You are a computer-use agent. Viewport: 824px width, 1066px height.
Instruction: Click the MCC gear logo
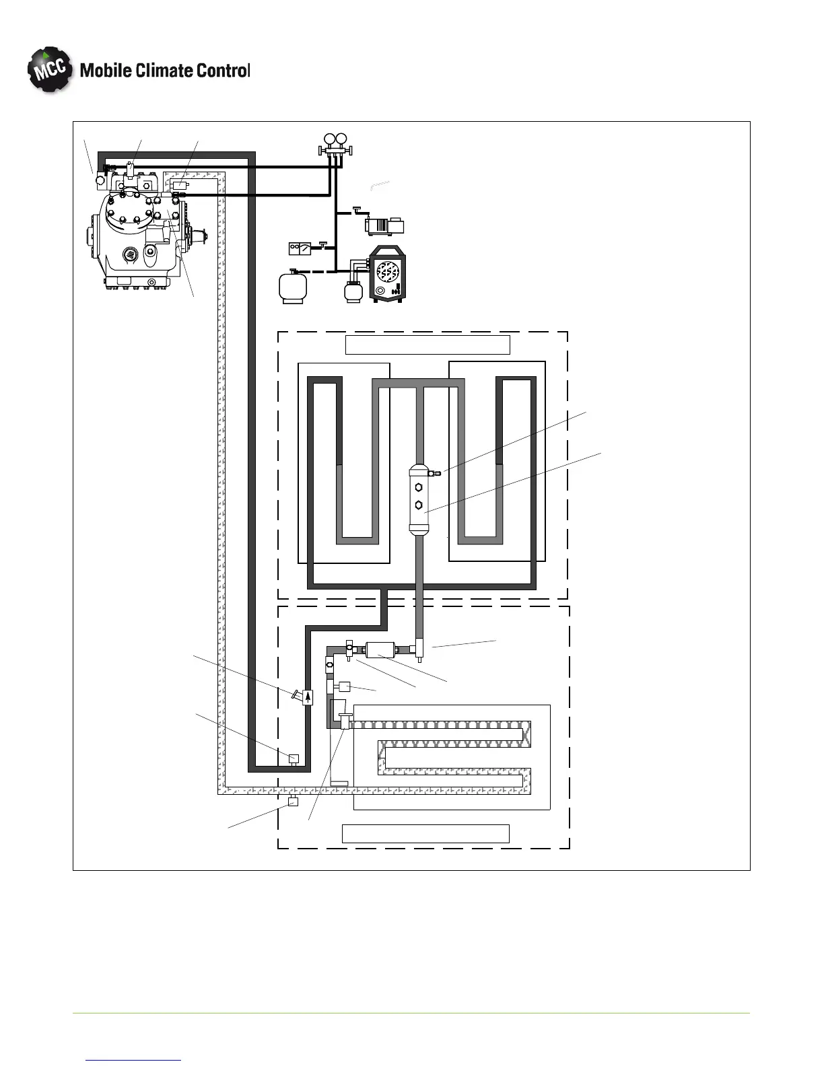pyautogui.click(x=49, y=70)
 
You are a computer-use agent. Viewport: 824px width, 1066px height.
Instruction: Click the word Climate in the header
pyautogui.click(x=164, y=70)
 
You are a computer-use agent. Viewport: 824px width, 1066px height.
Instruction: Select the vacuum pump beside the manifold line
pyautogui.click(x=383, y=225)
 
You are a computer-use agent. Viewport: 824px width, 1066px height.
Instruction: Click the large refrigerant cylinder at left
pyautogui.click(x=293, y=287)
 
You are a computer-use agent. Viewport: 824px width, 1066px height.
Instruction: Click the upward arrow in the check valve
pyautogui.click(x=308, y=698)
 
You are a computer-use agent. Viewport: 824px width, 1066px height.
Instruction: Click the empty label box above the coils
pyautogui.click(x=427, y=345)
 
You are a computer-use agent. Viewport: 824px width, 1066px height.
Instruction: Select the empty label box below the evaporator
pyautogui.click(x=425, y=833)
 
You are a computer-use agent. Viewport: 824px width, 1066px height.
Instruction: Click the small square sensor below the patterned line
pyautogui.click(x=293, y=802)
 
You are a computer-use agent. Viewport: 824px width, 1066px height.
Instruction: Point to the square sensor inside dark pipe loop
pyautogui.click(x=294, y=759)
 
